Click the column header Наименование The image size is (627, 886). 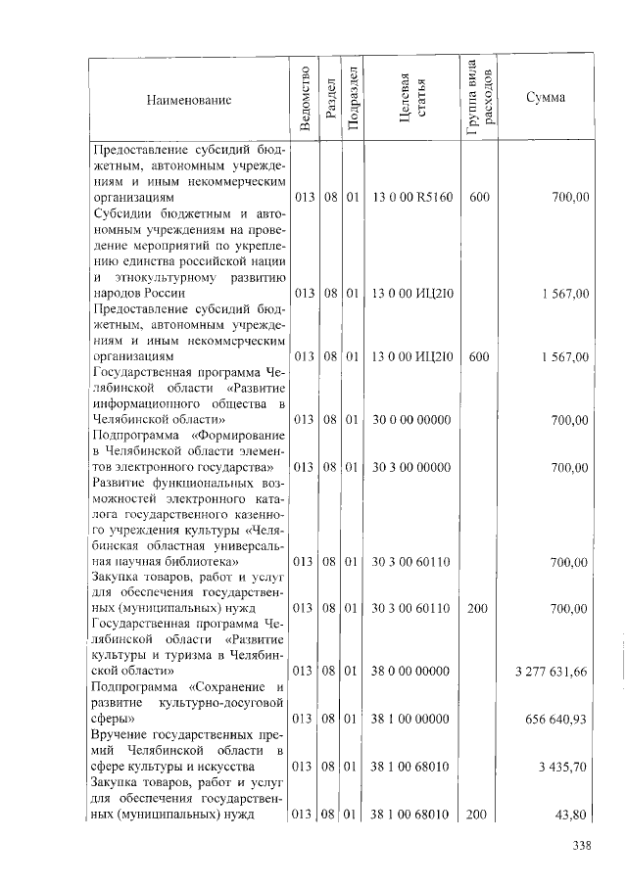point(189,99)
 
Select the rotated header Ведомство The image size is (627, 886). point(305,99)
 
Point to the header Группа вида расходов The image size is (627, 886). point(479,99)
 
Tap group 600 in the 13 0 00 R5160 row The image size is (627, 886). point(479,197)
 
